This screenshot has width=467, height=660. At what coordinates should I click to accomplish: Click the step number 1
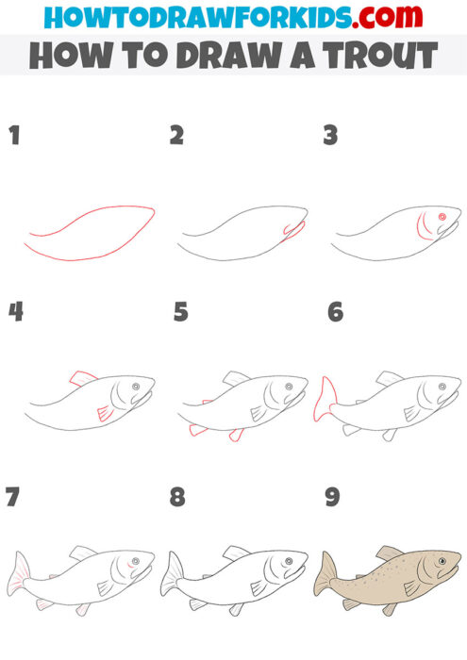click(x=14, y=135)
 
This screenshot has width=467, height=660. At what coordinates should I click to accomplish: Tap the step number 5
click(x=181, y=312)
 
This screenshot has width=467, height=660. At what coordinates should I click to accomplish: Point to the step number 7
click(x=13, y=496)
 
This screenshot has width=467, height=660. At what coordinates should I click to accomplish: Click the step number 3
click(x=331, y=135)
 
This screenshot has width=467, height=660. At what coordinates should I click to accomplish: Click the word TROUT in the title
click(x=375, y=56)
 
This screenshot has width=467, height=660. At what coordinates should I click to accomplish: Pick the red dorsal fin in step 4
click(x=85, y=378)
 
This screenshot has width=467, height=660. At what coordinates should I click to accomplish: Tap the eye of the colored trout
click(x=442, y=563)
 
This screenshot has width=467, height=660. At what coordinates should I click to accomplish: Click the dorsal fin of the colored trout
click(x=389, y=553)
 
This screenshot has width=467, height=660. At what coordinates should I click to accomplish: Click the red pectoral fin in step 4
click(x=105, y=413)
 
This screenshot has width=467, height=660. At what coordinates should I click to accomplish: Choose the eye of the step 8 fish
click(x=289, y=563)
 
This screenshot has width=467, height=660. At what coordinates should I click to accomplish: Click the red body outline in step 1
click(x=90, y=232)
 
